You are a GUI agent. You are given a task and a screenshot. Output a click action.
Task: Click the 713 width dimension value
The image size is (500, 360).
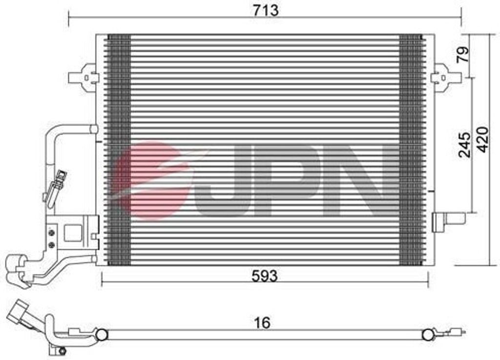click(266, 10)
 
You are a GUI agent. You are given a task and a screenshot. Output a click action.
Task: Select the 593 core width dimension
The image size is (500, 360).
click(264, 276)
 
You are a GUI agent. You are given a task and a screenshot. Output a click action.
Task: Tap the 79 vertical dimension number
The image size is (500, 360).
click(463, 54)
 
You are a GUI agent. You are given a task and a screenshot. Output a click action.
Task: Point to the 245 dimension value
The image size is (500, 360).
click(464, 145)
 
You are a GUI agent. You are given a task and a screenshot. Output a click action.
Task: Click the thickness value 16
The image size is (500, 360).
click(262, 322)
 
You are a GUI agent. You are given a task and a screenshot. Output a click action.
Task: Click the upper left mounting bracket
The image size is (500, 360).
click(83, 78)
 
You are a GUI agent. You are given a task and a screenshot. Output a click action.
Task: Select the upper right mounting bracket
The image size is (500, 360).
click(445, 77)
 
